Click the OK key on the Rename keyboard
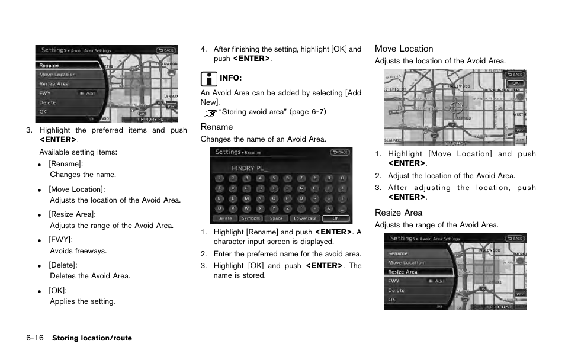[335, 218]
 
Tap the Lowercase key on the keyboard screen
[305, 218]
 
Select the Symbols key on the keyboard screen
[251, 218]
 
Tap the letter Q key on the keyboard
[301, 199]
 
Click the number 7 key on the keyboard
[301, 178]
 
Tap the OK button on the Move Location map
[515, 83]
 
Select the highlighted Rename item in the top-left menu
[50, 65]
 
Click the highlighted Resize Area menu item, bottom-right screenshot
[403, 272]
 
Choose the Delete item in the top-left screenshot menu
[48, 102]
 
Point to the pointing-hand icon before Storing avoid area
[210, 112]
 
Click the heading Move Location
[404, 49]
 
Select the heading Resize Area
[399, 213]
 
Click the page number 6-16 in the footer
[35, 338]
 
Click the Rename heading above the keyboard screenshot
[217, 127]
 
